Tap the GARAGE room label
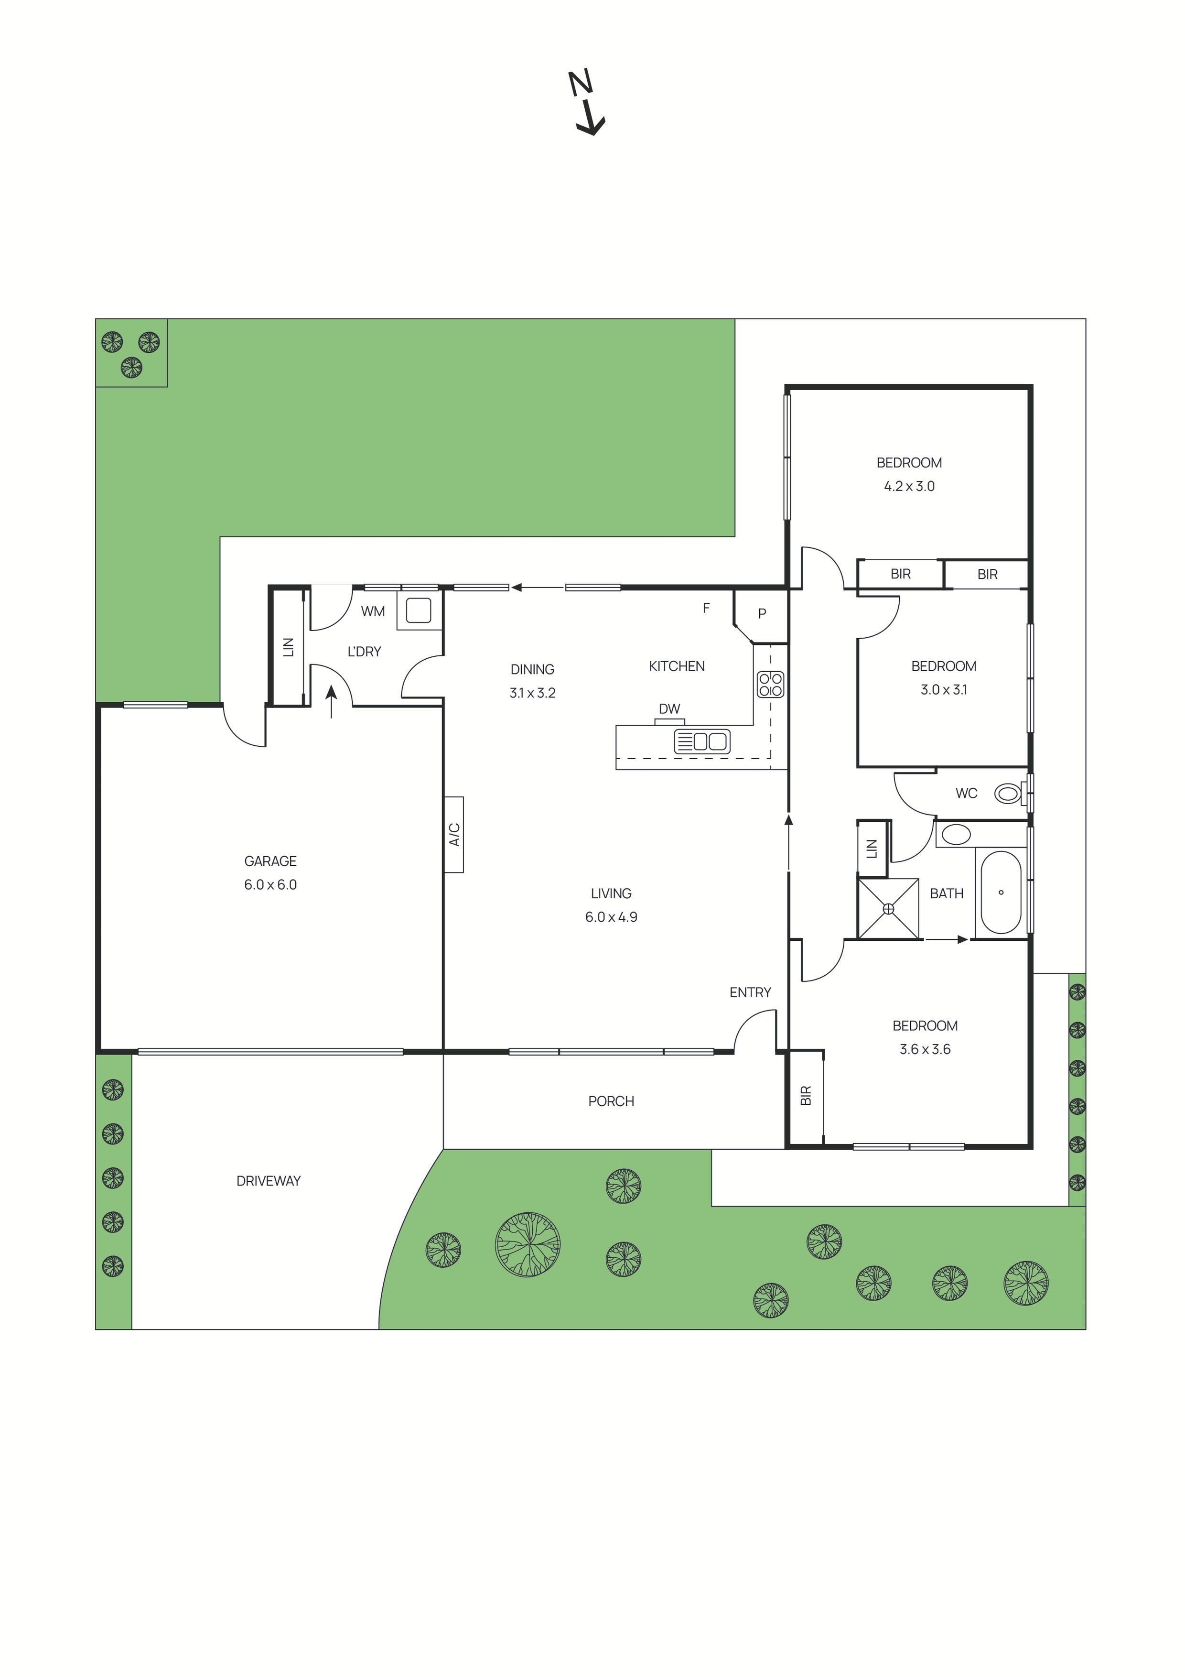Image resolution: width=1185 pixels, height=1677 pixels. (x=270, y=861)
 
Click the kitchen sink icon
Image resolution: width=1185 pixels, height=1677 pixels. (x=701, y=741)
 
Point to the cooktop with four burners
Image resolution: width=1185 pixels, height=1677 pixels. (x=770, y=685)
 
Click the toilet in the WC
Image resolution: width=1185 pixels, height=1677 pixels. (x=1009, y=793)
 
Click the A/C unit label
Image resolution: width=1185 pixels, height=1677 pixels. (x=454, y=834)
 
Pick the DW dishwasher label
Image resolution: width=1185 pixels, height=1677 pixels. (x=669, y=708)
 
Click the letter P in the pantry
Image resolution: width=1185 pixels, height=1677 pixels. (x=762, y=613)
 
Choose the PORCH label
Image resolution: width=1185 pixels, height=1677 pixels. (x=611, y=1101)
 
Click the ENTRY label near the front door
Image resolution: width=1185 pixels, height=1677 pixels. (x=750, y=992)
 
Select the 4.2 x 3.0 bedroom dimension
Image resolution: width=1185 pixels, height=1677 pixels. (x=909, y=486)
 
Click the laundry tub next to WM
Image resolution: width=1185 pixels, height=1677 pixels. (x=419, y=610)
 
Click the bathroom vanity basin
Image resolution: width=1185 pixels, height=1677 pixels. (x=955, y=834)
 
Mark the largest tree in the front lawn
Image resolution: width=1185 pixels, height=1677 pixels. (x=527, y=1244)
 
